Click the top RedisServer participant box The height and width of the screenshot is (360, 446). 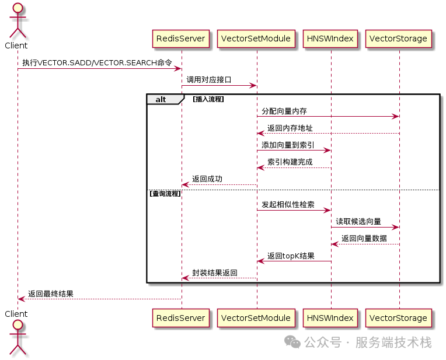(181, 39)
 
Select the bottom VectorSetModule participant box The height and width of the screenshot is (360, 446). (256, 318)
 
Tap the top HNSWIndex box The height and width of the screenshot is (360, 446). (330, 39)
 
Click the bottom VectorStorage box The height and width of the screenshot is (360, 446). (399, 318)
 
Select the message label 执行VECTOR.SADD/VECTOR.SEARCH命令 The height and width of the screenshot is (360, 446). (97, 62)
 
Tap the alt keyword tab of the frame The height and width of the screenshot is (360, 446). (160, 99)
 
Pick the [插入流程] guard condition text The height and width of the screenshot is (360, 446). (208, 99)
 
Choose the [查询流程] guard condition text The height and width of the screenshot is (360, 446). (165, 193)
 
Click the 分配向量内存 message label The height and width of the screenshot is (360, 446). (284, 110)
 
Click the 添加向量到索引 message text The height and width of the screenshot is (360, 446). (288, 145)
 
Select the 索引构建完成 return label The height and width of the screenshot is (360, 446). (290, 162)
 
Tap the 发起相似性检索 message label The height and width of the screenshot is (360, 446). (288, 204)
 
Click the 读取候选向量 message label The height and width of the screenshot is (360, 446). (358, 221)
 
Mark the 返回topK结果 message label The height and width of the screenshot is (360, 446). (291, 256)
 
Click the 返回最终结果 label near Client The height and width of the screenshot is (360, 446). (51, 293)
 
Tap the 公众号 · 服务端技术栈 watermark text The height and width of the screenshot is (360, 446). (368, 342)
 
